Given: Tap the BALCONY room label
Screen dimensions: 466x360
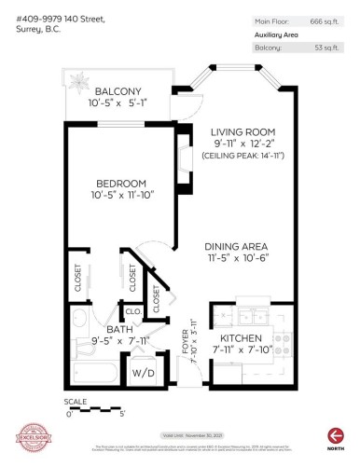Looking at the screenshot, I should [x=118, y=90].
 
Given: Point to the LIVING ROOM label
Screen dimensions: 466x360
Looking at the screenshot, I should [x=242, y=131].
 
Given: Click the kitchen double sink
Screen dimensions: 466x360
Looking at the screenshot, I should [x=249, y=313].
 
